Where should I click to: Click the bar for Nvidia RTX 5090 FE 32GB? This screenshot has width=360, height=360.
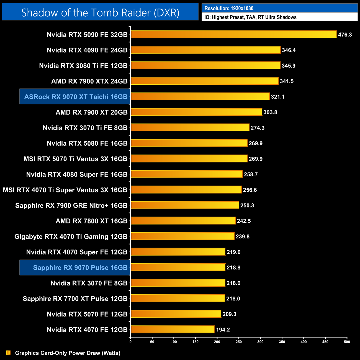click(233, 34)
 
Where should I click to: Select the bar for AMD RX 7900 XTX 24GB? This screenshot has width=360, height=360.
click(204, 81)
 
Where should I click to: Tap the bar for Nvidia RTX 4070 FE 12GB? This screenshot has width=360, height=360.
click(173, 329)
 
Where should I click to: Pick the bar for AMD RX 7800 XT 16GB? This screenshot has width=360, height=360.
click(183, 221)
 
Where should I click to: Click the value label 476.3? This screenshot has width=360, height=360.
click(345, 35)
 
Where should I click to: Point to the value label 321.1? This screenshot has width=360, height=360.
click(277, 97)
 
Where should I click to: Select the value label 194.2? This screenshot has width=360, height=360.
click(223, 330)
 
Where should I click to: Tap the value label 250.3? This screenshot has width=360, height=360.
click(247, 205)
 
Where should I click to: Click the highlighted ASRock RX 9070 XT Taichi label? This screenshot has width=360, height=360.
click(76, 97)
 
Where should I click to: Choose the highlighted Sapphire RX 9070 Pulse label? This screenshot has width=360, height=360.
click(80, 268)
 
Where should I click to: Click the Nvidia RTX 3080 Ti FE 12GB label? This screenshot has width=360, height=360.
click(83, 66)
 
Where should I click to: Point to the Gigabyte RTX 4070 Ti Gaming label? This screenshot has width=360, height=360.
click(71, 236)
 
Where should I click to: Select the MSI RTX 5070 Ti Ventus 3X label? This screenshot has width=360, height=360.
click(75, 159)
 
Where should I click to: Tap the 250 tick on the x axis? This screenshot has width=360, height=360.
click(239, 342)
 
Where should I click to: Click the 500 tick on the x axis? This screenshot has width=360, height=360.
click(347, 342)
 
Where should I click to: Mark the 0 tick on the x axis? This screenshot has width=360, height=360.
click(130, 342)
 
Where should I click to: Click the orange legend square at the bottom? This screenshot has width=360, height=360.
click(8, 353)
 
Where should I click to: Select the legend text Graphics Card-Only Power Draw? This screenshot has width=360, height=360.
click(68, 353)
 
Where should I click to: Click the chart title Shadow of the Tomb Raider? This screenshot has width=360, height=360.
click(100, 12)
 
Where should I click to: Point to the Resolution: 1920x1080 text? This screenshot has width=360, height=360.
click(229, 8)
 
